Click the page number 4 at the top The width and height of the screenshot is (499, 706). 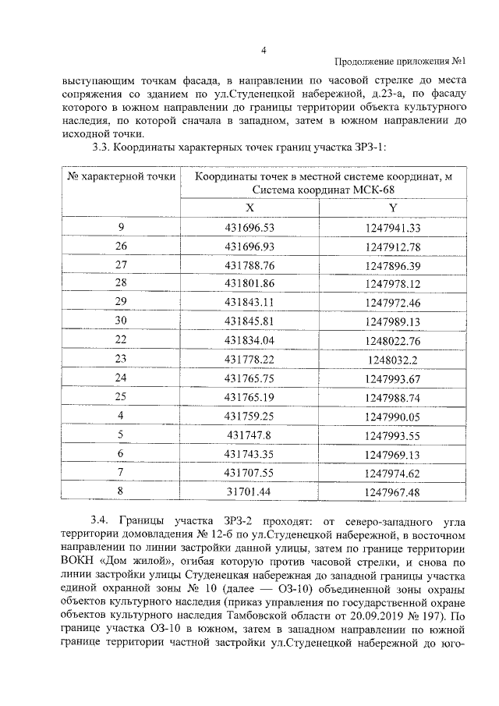264,51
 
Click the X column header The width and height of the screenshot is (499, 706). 249,208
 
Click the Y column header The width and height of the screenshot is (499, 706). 392,208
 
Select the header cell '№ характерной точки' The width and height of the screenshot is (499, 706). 121,177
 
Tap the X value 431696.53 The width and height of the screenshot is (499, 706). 249,229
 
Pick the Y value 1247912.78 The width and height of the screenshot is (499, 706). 392,247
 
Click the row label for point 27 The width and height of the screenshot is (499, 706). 121,265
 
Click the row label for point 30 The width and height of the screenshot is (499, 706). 121,321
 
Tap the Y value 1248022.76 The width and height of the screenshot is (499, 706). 392,340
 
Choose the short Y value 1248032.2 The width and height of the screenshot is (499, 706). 392,359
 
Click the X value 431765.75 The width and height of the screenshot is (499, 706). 249,378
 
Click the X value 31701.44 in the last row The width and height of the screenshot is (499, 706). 249,491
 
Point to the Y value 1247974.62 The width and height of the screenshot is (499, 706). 392,473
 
